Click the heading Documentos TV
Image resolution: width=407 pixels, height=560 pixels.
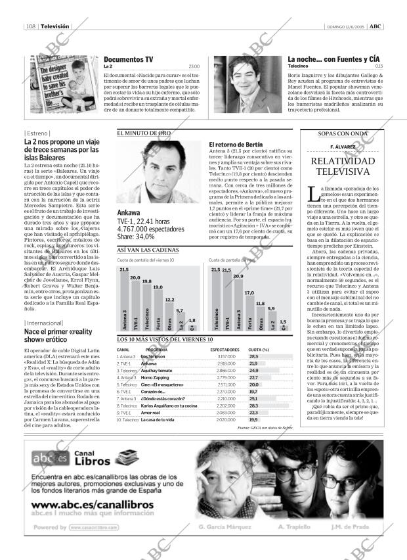click(129, 59)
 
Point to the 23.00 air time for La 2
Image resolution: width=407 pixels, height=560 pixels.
click(194, 66)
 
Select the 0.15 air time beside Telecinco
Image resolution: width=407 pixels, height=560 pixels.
click(379, 66)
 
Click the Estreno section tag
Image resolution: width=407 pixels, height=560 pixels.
click(37, 133)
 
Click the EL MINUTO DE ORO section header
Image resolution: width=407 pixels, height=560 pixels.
click(144, 133)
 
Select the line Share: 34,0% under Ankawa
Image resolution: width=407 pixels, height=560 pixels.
click(136, 237)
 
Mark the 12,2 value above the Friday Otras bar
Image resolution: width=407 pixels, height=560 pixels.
click(169, 300)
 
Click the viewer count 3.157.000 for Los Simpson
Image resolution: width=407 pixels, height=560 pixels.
click(226, 356)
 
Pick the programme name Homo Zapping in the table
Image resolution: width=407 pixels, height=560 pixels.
click(155, 378)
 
